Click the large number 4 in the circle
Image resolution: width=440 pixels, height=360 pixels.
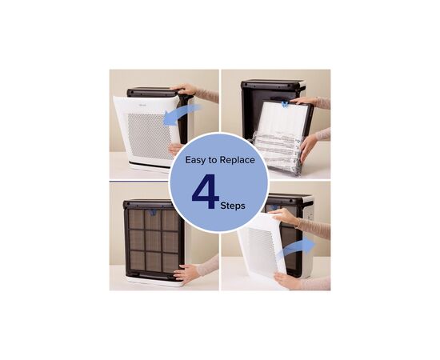click(205, 191)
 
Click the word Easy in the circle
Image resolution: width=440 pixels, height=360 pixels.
click(195, 160)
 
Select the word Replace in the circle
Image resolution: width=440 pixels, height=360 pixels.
click(237, 160)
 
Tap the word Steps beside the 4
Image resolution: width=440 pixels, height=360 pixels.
click(233, 206)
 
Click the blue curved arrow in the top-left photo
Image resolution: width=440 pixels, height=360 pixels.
click(182, 114)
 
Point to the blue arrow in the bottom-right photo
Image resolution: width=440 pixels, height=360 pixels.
click(297, 247)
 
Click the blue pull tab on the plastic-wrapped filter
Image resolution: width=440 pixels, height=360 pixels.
click(285, 104)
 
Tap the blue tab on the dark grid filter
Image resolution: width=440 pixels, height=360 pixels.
click(153, 213)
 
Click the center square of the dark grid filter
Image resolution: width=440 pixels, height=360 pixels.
click(154, 241)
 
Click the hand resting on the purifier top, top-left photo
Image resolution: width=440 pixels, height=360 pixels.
click(186, 89)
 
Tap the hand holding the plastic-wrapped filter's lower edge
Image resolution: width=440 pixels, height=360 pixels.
click(308, 146)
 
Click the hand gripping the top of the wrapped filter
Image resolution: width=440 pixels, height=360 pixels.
click(303, 101)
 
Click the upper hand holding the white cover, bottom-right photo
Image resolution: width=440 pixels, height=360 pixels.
click(284, 216)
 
